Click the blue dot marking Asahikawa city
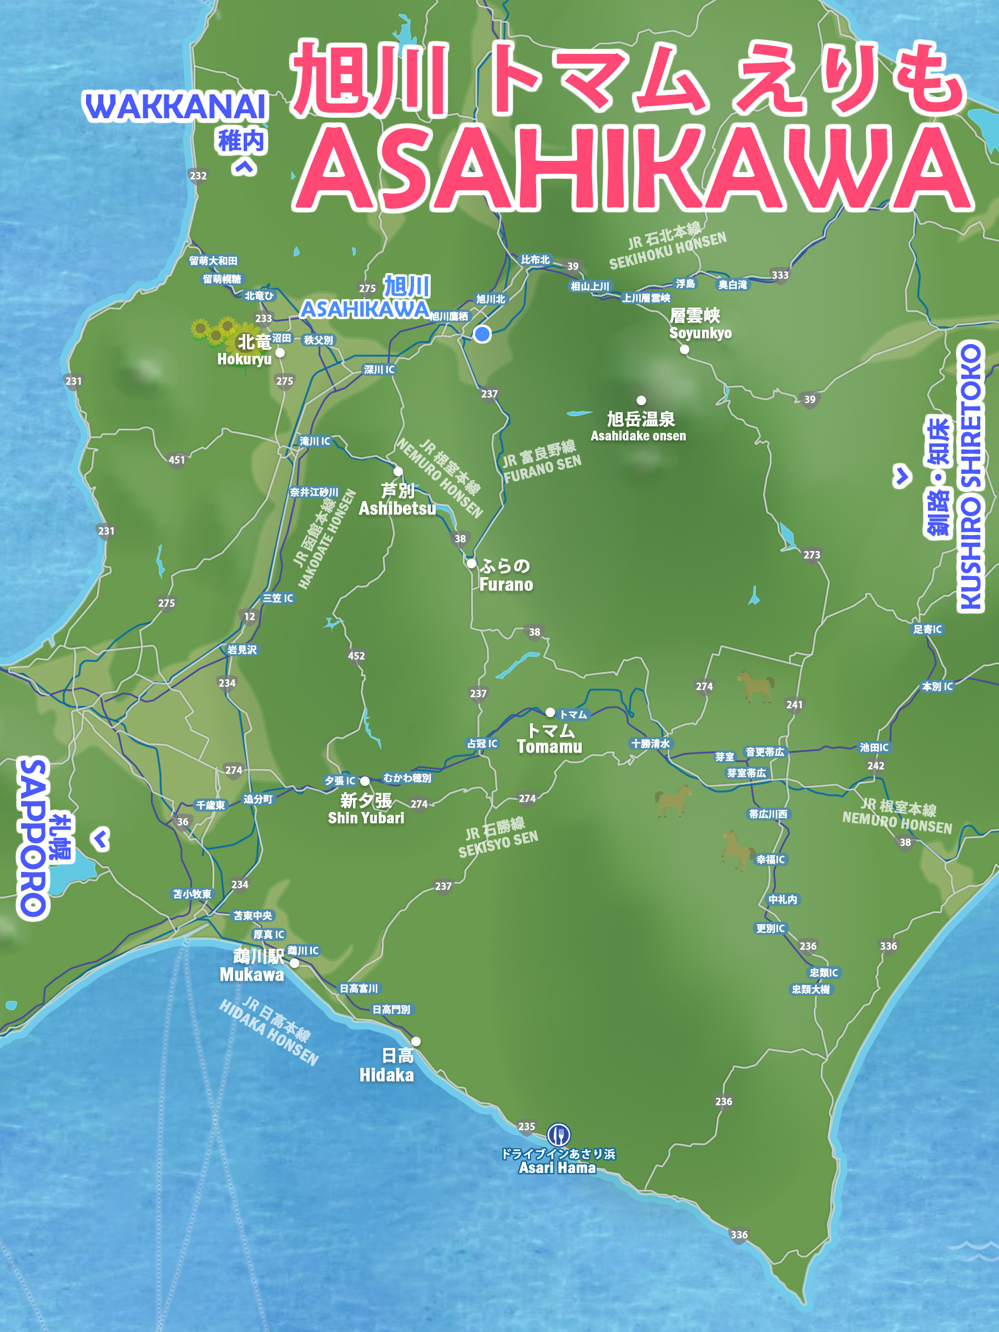[x=482, y=334]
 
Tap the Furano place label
[x=506, y=575]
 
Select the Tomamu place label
[x=549, y=738]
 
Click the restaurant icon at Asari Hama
[x=558, y=1134]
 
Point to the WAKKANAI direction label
[x=175, y=107]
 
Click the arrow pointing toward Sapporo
[x=101, y=838]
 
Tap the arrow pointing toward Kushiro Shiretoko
[x=901, y=476]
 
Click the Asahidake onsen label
[x=639, y=426]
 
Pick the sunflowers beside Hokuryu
[x=214, y=331]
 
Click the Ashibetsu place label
[x=397, y=500]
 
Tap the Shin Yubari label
[x=366, y=808]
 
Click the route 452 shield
[x=356, y=656]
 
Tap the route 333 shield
[x=780, y=275]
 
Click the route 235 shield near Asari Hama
[x=526, y=1126]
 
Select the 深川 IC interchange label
[x=379, y=369]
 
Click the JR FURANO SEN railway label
[x=542, y=462]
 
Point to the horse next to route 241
[x=756, y=685]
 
